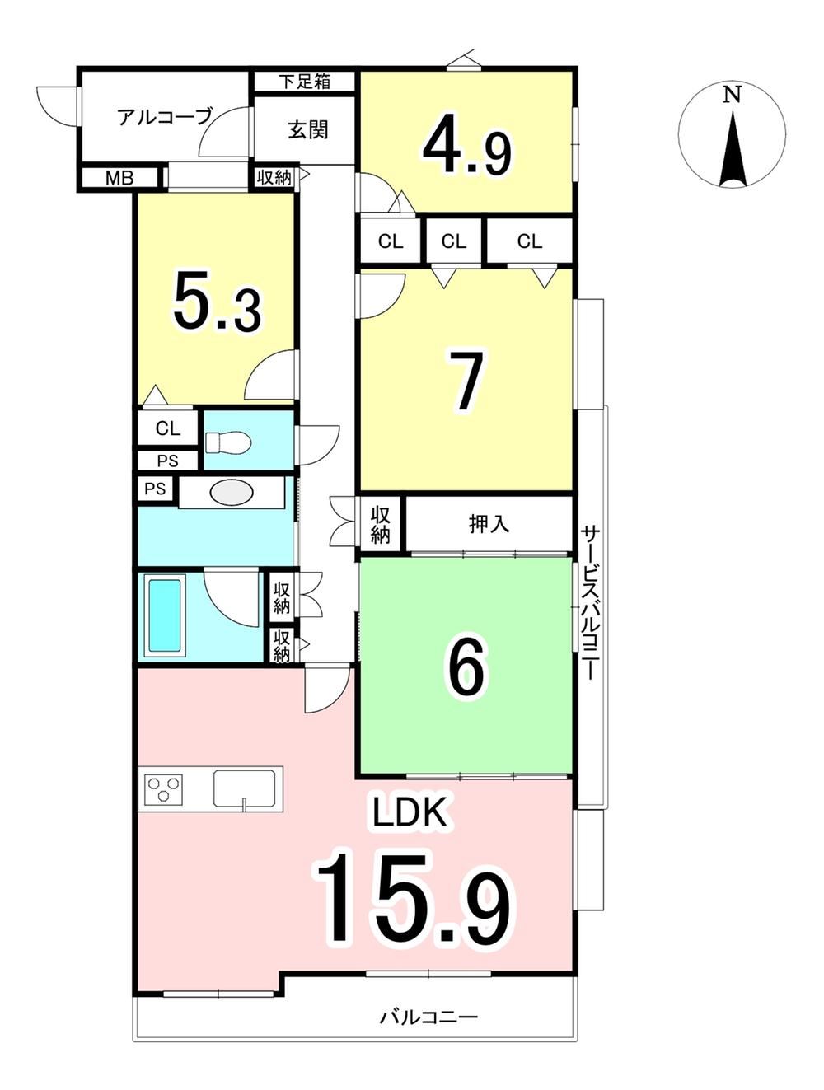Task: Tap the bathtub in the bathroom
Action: pos(165,615)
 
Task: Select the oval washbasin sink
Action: pos(232,492)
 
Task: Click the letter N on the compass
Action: pos(732,95)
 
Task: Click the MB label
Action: pos(119,178)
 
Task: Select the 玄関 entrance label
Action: pos(308,130)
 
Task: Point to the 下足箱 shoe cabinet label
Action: pos(304,82)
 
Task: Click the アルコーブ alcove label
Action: pos(165,117)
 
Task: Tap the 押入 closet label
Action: pos(489,523)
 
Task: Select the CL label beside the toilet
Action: pos(168,428)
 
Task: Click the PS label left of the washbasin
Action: pos(155,489)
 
